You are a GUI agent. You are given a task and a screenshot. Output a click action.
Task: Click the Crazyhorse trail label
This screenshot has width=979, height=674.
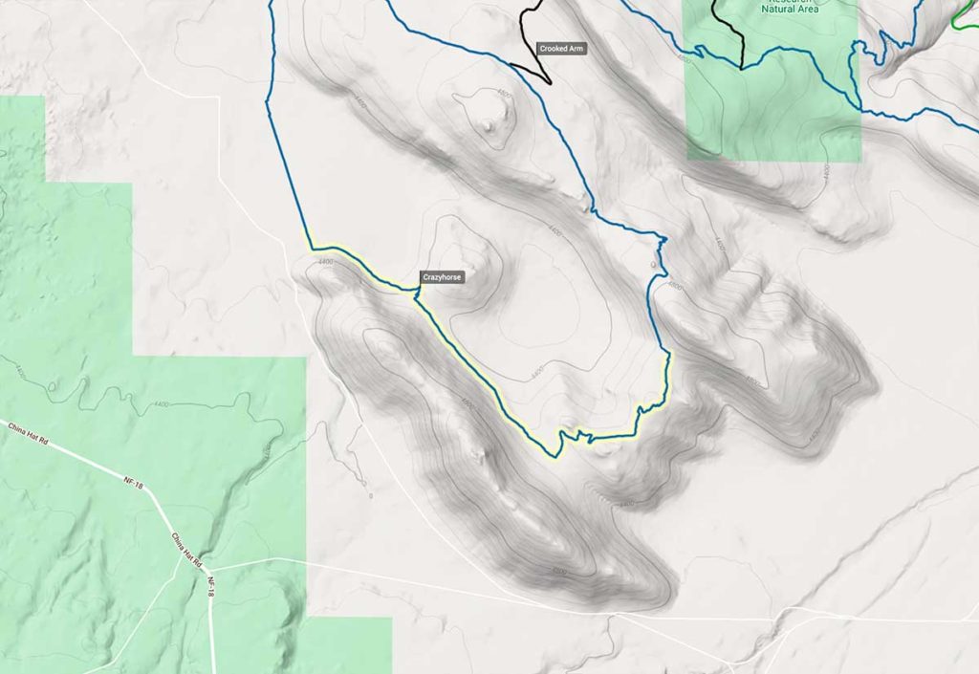pos(443,277)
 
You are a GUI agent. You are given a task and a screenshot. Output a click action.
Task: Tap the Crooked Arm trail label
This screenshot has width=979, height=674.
pos(561,48)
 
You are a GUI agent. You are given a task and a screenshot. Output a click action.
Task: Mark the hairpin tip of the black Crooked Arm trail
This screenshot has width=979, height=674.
pos(550,83)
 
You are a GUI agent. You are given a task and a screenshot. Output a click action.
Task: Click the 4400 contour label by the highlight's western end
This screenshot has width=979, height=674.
pos(325,261)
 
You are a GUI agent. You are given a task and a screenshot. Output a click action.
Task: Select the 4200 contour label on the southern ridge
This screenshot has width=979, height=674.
pos(559,572)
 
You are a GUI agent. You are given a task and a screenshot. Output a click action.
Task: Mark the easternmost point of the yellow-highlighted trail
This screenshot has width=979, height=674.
pos(670,355)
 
